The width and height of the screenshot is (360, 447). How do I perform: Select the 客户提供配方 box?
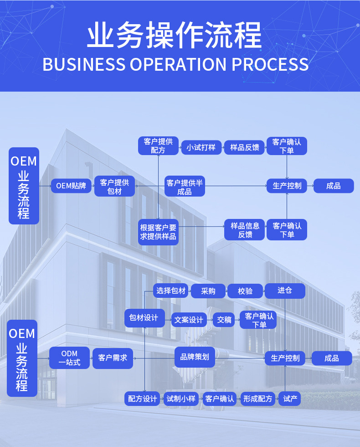point(158,146)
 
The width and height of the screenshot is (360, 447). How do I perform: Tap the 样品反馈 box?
point(244,147)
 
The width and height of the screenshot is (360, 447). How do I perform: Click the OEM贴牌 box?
point(71,186)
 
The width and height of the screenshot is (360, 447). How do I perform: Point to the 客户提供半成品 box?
point(185,187)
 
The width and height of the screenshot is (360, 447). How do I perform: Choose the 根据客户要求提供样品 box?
point(158,232)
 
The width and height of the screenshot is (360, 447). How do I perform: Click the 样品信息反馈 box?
point(244,230)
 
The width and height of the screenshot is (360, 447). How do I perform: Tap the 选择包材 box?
point(171,291)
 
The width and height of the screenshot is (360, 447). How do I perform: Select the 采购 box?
point(208,291)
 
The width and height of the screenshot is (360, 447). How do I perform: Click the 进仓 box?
point(285,291)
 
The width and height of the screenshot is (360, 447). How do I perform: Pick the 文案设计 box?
point(189,320)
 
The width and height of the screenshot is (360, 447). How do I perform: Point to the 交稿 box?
point(224,320)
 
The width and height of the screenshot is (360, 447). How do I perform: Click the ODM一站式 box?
point(69,358)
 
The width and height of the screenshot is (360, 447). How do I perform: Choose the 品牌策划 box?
point(195,357)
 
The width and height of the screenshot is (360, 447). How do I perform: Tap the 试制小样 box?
point(181,399)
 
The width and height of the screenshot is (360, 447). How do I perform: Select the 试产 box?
point(290,399)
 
